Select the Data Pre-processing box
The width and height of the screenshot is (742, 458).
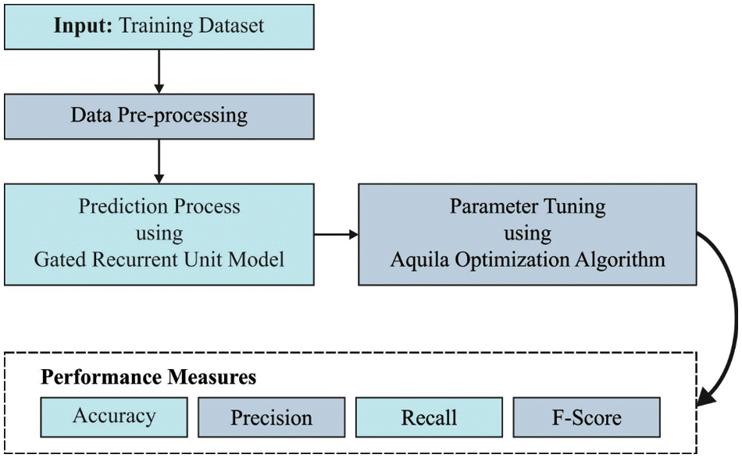tap(159, 117)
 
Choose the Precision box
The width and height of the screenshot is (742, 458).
tap(271, 417)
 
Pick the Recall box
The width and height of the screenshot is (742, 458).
tap(428, 417)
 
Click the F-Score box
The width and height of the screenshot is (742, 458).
tap(586, 417)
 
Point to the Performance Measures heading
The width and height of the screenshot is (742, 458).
tap(148, 378)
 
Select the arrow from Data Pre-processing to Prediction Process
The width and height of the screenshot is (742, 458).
tap(159, 161)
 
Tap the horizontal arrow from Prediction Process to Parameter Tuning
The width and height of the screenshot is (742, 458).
tap(336, 233)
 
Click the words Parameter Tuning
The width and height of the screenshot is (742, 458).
tap(527, 208)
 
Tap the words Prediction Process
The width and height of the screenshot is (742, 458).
tap(159, 208)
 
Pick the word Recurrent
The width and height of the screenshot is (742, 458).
tap(138, 259)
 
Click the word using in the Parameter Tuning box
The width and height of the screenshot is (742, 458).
tap(527, 233)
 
